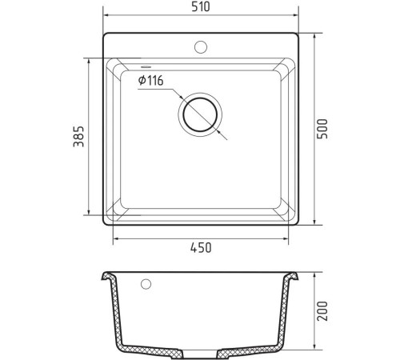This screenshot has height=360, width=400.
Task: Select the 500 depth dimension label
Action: click(322, 130)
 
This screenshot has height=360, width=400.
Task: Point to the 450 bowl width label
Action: click(201, 248)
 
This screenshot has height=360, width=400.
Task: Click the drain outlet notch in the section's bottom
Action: click(201, 352)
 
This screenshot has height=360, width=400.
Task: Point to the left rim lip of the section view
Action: click(104, 277)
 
